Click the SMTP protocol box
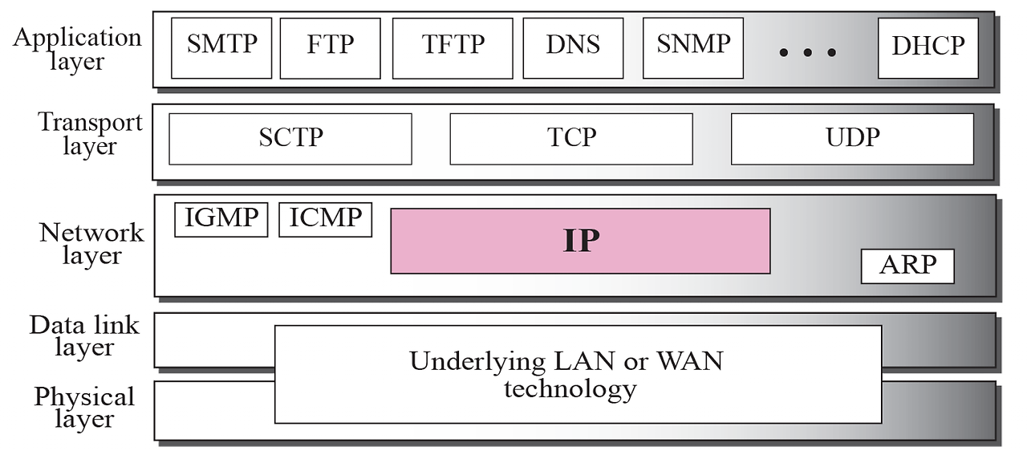pyautogui.click(x=221, y=47)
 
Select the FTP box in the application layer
pyautogui.click(x=330, y=47)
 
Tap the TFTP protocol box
pyautogui.click(x=453, y=47)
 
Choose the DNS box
pyautogui.click(x=572, y=47)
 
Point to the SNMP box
pyautogui.click(x=692, y=47)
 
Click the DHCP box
pyautogui.click(x=928, y=47)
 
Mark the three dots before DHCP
pyautogui.click(x=807, y=53)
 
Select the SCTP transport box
pyautogui.click(x=290, y=138)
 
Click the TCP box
pyautogui.click(x=570, y=138)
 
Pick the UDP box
pyautogui.click(x=852, y=138)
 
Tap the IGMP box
pyautogui.click(x=221, y=219)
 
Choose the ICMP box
pyautogui.click(x=325, y=219)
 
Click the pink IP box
pyautogui.click(x=580, y=241)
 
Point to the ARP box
pyautogui.click(x=907, y=266)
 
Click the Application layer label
pyautogui.click(x=77, y=48)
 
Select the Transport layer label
pyautogui.click(x=89, y=134)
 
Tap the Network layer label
pyautogui.click(x=91, y=244)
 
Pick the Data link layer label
pyautogui.click(x=84, y=336)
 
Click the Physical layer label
pyautogui.click(x=84, y=408)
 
